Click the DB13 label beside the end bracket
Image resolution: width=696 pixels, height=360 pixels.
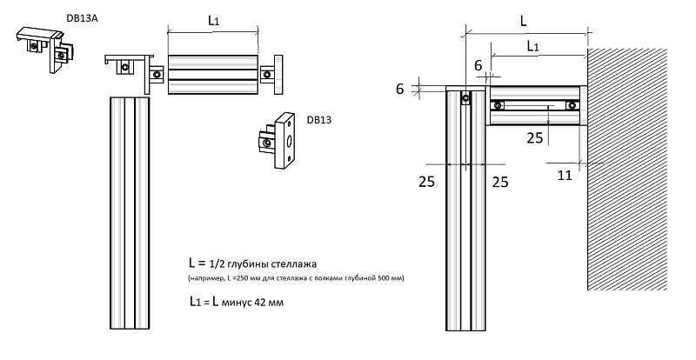[319, 120]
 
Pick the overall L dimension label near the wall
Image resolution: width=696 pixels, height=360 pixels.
[522, 17]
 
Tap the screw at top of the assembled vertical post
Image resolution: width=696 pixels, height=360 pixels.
[466, 98]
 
